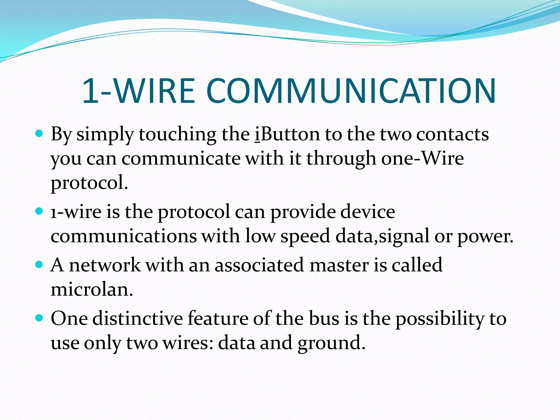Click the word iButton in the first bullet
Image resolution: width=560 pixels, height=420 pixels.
click(x=287, y=135)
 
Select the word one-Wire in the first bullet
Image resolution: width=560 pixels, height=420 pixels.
click(x=422, y=158)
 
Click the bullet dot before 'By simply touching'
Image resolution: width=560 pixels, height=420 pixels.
click(x=39, y=134)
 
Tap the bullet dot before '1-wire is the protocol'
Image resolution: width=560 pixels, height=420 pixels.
click(x=39, y=211)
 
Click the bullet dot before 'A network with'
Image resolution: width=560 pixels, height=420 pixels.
click(x=39, y=264)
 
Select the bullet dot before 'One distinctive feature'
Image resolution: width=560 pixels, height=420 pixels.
click(x=39, y=318)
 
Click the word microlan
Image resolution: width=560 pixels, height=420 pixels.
click(x=92, y=289)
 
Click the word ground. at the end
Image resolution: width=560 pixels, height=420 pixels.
click(x=331, y=343)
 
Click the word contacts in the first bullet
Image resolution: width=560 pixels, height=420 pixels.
click(x=453, y=135)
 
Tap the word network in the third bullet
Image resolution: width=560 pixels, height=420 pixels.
click(x=105, y=265)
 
